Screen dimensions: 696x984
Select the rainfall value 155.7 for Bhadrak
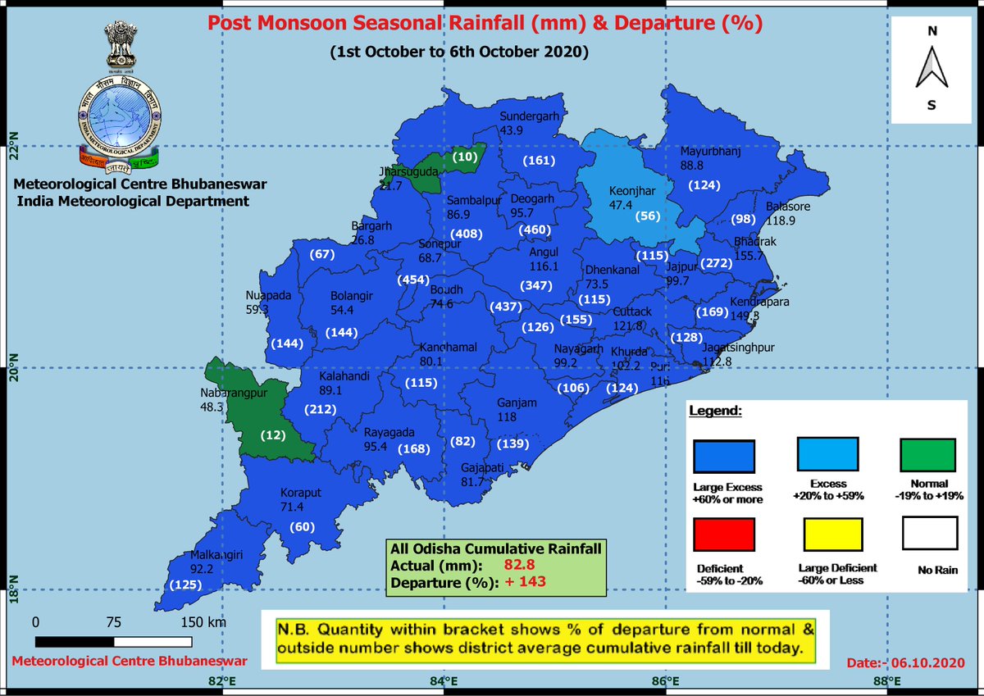click(x=749, y=256)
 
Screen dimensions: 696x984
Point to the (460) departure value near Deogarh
click(x=533, y=230)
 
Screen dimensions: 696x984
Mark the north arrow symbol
click(x=932, y=70)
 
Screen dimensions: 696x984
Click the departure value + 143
click(x=526, y=582)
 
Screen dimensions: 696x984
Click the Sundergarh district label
click(x=529, y=116)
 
